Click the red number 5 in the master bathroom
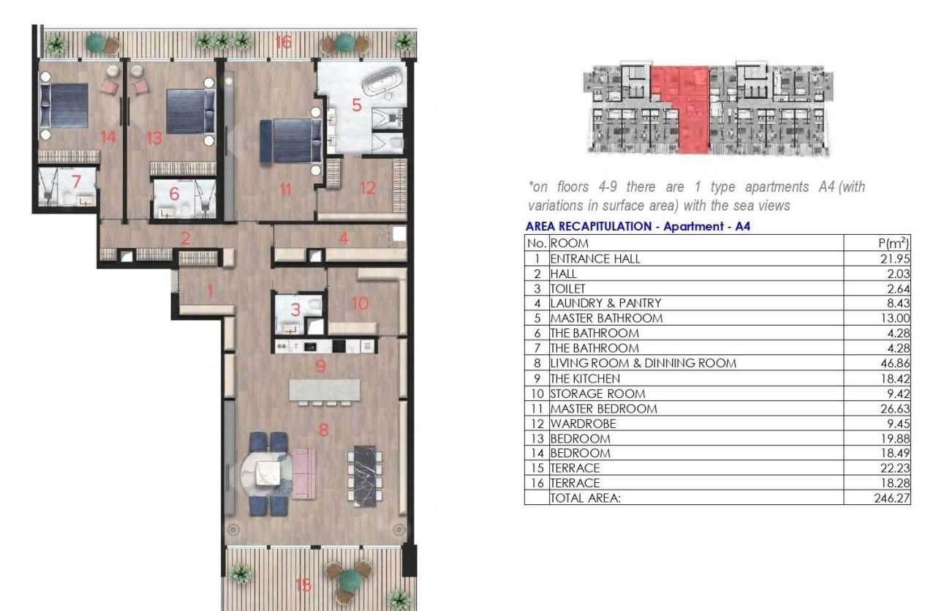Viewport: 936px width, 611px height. tap(357, 105)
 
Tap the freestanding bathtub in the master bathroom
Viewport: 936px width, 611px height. tap(383, 80)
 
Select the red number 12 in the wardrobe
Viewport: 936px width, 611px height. tap(367, 188)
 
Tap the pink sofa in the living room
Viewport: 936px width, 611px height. tap(304, 475)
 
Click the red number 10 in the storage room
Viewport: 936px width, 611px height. tap(359, 303)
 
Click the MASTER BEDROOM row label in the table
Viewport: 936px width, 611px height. tap(603, 408)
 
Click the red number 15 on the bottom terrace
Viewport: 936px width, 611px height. tap(303, 585)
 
